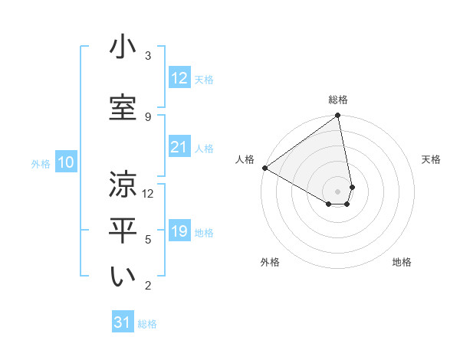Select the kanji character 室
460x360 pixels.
pos(123,106)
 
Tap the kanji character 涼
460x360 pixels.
pos(123,185)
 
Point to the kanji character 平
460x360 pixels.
pos(123,231)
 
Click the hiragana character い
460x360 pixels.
pos(123,277)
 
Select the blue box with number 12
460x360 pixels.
pos(179,78)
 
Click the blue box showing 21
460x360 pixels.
pos(179,147)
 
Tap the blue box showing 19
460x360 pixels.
pos(179,231)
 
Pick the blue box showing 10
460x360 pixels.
pos(66,162)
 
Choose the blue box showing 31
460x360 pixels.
pos(123,322)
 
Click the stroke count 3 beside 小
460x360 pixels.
pos(148,56)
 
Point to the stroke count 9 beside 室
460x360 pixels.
pos(148,116)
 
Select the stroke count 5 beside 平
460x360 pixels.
pos(148,240)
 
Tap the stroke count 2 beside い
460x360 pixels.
pos(148,286)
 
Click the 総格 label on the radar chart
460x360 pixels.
pos(338,100)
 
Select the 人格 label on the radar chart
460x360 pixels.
pos(245,159)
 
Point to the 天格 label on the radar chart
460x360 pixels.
pos(431,159)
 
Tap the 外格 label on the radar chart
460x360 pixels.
pos(269,262)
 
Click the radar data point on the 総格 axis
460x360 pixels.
pos(337,116)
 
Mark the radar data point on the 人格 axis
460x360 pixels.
pos(264,168)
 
